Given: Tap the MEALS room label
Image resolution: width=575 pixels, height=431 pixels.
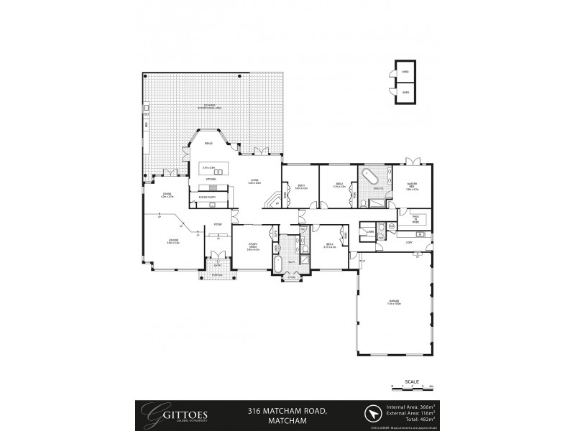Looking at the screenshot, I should [209, 143].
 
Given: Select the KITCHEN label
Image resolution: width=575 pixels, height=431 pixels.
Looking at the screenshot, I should [212, 178].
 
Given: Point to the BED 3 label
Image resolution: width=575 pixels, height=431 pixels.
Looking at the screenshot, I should [299, 187].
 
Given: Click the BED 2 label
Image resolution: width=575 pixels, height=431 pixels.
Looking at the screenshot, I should [340, 185].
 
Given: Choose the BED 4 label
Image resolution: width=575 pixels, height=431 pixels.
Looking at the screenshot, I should [330, 246].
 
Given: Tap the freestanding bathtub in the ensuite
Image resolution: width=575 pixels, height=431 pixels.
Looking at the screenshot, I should [374, 177].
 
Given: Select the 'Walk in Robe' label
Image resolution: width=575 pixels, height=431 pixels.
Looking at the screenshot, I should [415, 218].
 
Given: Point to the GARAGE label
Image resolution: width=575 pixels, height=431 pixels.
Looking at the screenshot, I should [395, 302].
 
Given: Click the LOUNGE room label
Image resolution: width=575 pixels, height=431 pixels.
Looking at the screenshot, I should [173, 243].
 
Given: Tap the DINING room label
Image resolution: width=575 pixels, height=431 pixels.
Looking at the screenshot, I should [167, 195].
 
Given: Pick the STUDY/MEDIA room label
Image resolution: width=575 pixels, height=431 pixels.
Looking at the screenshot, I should [253, 247].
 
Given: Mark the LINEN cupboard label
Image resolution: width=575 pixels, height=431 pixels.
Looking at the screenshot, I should [369, 232].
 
